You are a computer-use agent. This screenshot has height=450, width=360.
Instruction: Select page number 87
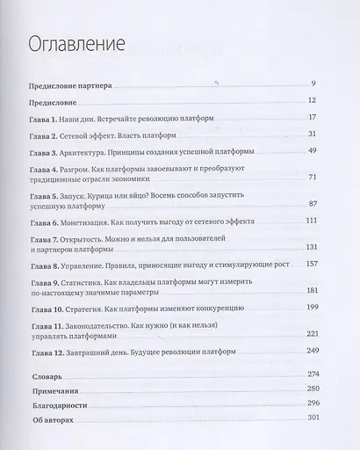coord(310,204)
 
